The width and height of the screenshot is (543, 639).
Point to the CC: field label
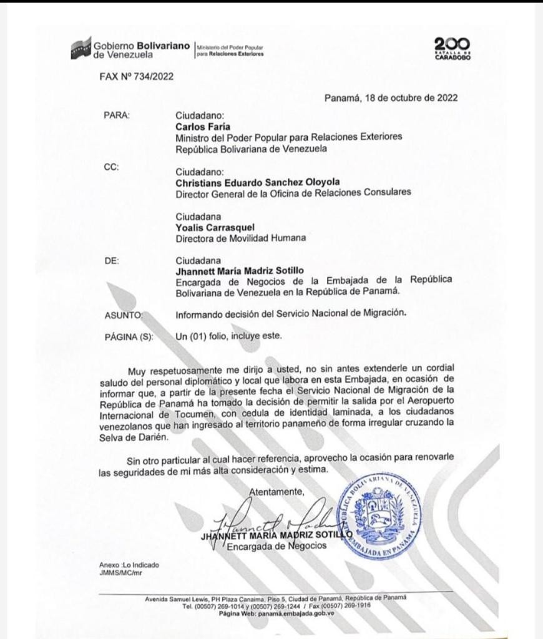[110, 167]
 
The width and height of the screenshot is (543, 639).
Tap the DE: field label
[110, 260]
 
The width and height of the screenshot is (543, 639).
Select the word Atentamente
[276, 492]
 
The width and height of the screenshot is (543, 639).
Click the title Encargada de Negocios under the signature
[276, 547]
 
